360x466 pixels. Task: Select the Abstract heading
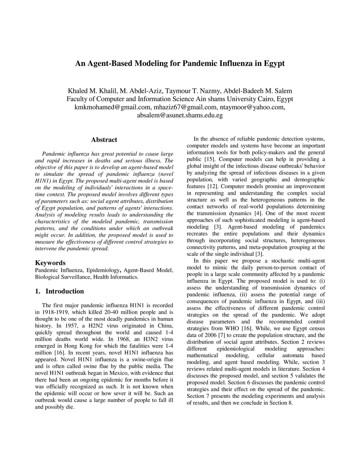click(104, 140)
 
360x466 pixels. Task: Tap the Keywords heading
click(50, 263)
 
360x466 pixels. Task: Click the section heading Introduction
click(65, 291)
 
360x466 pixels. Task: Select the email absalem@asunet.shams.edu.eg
click(180, 115)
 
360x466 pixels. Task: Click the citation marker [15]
click(210, 159)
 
